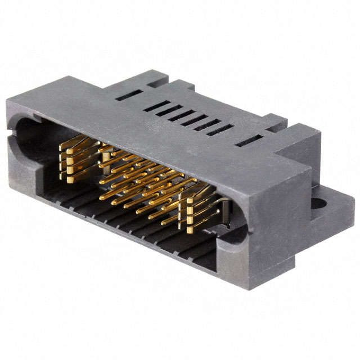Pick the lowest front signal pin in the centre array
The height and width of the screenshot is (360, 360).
click(x=169, y=222)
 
